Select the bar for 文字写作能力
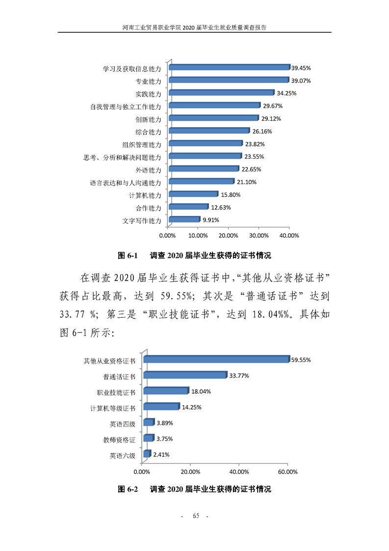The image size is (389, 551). point(184,220)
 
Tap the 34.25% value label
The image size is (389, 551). point(286,93)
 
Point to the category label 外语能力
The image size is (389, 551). point(148,170)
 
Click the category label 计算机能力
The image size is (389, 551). point(145,195)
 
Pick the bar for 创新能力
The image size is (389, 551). point(213,118)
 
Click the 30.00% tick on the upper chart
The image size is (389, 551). point(259,236)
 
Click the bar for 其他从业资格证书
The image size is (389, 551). point(215,359)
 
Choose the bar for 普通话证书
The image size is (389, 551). point(184,376)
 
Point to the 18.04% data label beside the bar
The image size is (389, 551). point(202,391)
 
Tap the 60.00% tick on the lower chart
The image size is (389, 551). point(287,472)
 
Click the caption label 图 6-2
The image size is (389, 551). point(130,490)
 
